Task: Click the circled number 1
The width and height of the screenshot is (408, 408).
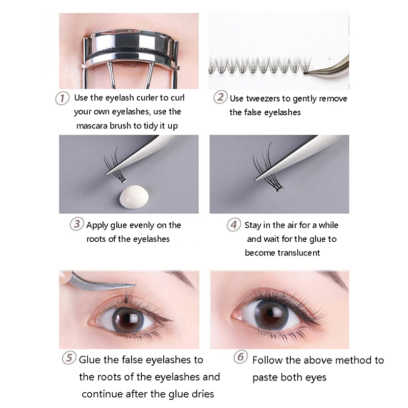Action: point(62,98)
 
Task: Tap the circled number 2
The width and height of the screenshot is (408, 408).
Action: point(220,97)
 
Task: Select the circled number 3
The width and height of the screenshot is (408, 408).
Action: point(77,224)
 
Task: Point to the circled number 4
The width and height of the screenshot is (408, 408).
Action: point(234,224)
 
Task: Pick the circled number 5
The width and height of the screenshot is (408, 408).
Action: point(69,358)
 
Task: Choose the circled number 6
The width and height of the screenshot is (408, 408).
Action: point(240,356)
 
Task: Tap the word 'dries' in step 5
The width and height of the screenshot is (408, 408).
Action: point(203,394)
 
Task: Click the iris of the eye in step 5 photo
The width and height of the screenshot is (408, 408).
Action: point(128,320)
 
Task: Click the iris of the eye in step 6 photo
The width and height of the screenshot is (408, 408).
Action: point(271,315)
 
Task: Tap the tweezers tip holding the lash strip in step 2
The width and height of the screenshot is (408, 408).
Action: point(307,73)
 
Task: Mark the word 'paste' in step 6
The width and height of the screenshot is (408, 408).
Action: point(264,378)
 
